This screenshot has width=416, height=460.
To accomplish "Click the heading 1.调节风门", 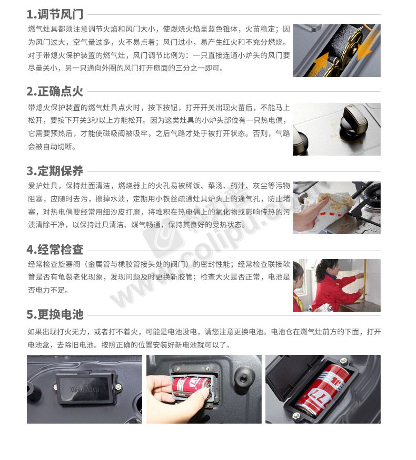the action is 55,14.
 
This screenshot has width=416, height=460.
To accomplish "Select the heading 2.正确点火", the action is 55,92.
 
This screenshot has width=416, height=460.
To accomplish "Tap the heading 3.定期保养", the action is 55,171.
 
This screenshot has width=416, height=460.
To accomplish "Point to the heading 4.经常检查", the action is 55,250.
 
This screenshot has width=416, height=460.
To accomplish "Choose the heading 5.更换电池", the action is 55,314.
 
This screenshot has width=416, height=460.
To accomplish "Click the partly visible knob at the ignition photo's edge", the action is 300,142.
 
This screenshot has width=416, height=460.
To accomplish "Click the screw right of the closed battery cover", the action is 118,387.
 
